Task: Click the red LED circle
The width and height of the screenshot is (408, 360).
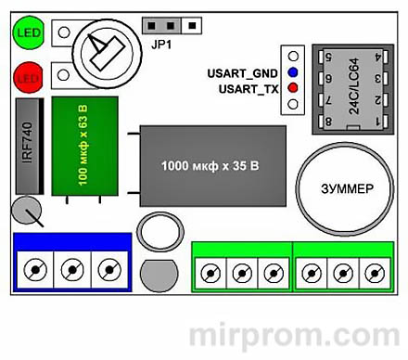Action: (24, 75)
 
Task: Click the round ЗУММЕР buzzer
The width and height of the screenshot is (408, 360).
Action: (339, 187)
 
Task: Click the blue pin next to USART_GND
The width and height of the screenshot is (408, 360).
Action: (293, 71)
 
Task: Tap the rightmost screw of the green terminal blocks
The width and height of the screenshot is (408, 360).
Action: (374, 273)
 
